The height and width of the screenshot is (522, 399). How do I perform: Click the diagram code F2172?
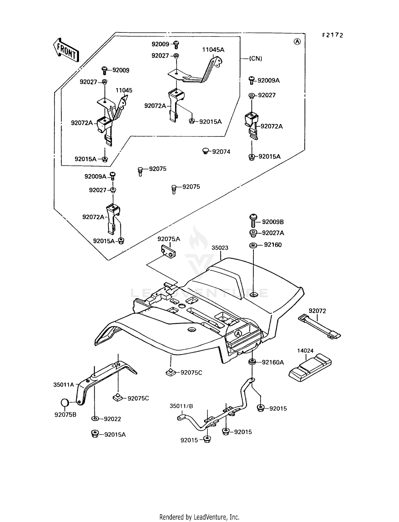[x=332, y=35]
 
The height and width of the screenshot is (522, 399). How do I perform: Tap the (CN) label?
[x=255, y=59]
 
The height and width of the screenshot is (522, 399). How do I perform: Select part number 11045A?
[x=213, y=50]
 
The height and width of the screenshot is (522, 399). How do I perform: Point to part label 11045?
[x=124, y=90]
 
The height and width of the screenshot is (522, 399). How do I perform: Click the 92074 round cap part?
[x=205, y=151]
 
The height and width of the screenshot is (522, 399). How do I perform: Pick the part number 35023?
[x=220, y=248]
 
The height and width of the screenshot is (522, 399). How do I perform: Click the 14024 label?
[x=305, y=351]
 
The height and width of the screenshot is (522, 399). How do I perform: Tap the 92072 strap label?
[x=317, y=311]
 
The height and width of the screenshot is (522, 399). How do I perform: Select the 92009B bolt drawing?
[x=253, y=221]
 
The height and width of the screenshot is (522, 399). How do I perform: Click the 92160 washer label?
[x=273, y=245]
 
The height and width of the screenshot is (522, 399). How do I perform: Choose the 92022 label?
[x=112, y=419]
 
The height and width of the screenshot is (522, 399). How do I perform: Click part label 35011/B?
[x=181, y=406]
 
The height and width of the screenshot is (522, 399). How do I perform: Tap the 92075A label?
[x=169, y=239]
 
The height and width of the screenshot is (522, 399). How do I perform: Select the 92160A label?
[x=273, y=362]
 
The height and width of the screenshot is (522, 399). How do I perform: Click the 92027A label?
[x=273, y=233]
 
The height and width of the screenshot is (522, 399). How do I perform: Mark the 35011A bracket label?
[x=64, y=384]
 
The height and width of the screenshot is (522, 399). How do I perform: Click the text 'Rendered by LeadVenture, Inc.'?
[x=199, y=517]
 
